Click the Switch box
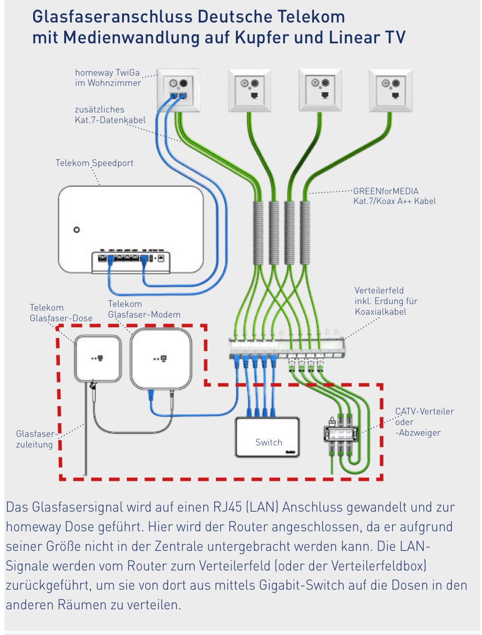[267, 437]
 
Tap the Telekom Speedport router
[131, 229]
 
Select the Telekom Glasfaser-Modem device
[161, 359]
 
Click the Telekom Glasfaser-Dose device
[98, 358]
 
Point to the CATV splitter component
[341, 434]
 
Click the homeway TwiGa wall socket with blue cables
[178, 90]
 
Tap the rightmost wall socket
[390, 90]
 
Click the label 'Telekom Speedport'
[94, 163]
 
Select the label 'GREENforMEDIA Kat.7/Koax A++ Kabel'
[394, 196]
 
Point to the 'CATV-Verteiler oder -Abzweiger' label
[424, 422]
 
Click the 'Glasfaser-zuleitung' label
[35, 439]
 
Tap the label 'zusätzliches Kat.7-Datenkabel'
[110, 115]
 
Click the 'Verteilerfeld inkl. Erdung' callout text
[386, 301]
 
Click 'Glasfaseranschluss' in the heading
[112, 17]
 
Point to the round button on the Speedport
[76, 230]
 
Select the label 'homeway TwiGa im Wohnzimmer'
[108, 78]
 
